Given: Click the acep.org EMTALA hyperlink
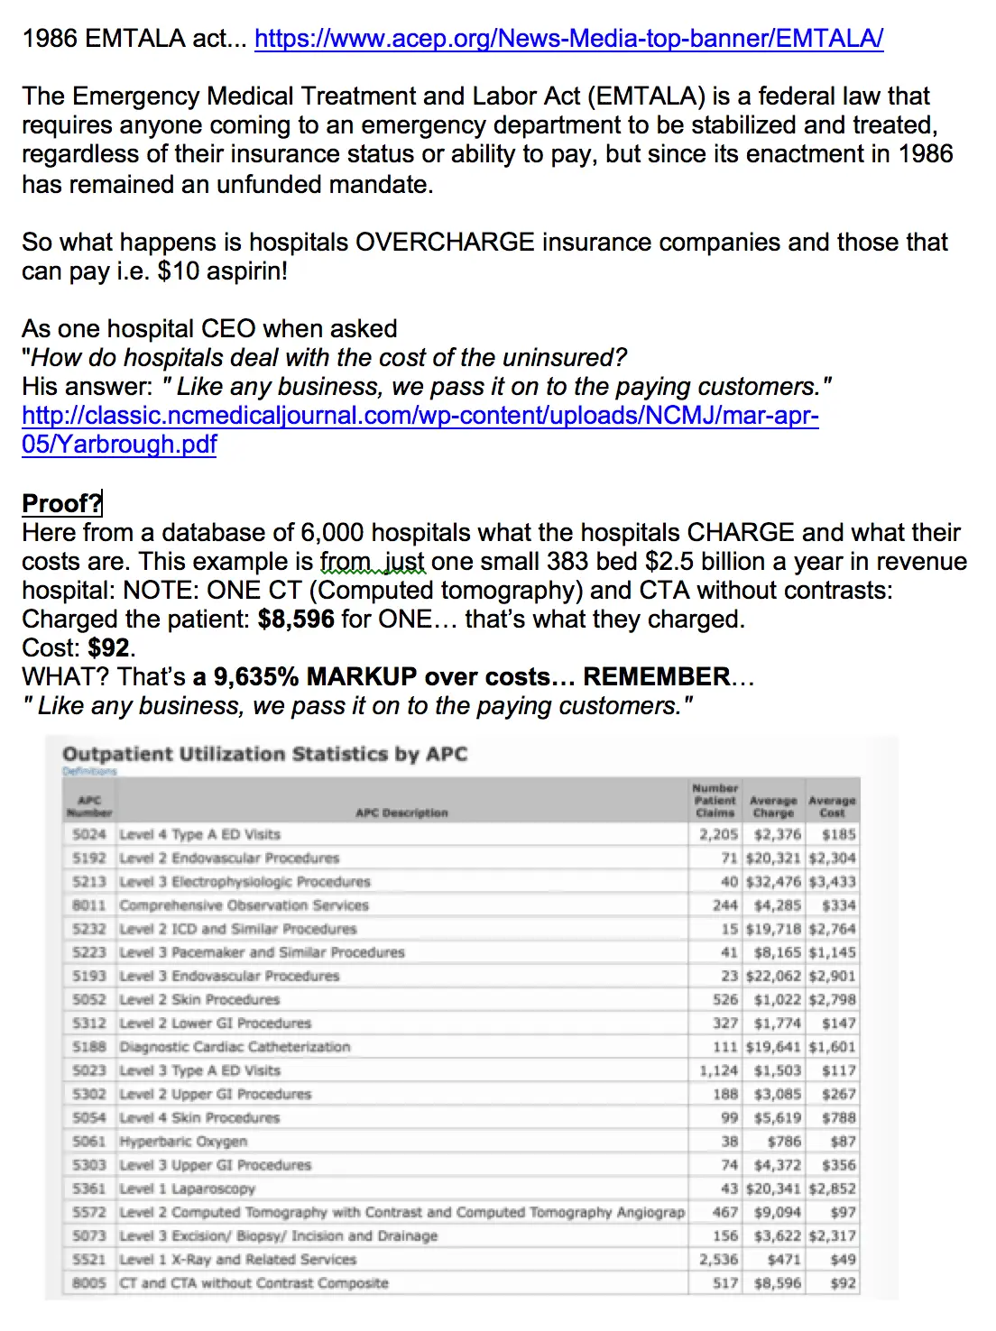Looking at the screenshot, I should click(568, 39).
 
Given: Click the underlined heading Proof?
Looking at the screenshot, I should click(61, 503).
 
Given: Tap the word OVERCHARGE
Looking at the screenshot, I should click(445, 243).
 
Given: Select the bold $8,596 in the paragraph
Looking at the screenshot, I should click(296, 620).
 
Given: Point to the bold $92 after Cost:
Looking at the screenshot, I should click(108, 648).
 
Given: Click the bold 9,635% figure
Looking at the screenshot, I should click(255, 677).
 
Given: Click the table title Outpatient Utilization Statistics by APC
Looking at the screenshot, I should click(264, 754).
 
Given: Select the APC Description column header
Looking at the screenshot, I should click(401, 812).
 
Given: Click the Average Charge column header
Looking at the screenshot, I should click(773, 806).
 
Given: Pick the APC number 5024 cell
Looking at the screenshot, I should click(89, 834).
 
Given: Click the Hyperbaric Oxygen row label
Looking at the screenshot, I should click(183, 1141).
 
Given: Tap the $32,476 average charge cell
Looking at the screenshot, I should click(773, 881).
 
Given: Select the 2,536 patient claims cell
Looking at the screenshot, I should click(718, 1259).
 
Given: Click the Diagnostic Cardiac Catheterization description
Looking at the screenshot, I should click(235, 1047).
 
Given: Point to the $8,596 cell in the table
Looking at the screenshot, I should click(777, 1282).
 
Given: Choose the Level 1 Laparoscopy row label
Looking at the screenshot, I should click(187, 1189).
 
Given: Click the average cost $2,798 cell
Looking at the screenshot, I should click(832, 999).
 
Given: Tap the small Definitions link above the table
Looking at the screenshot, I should click(89, 772).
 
